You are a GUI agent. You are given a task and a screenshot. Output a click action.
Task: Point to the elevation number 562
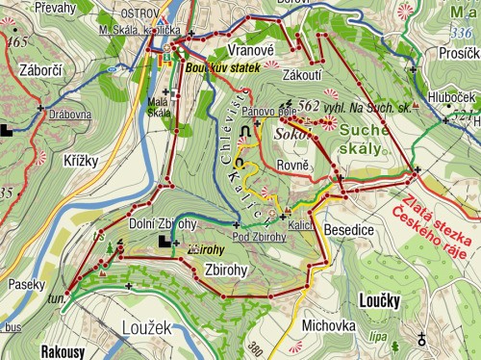pyautogui.click(x=309, y=106)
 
